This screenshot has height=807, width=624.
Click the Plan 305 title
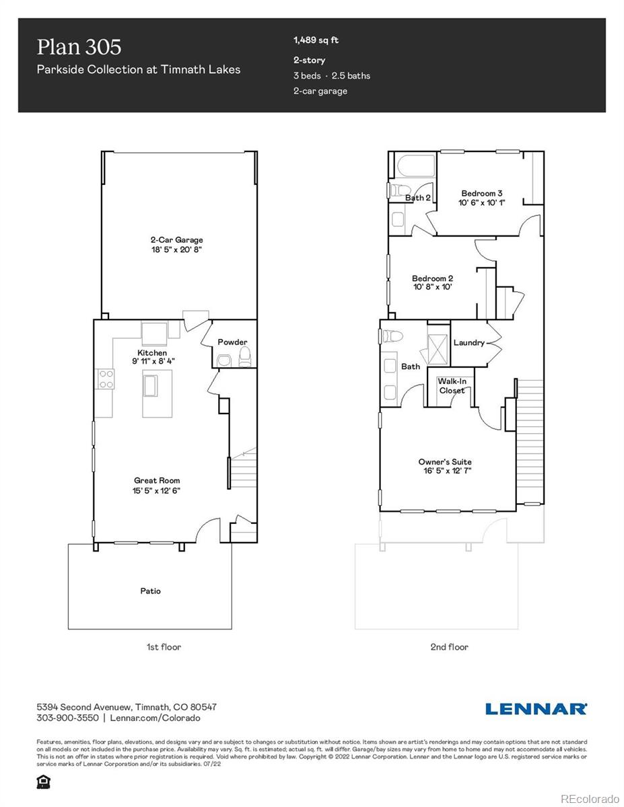pos(79,46)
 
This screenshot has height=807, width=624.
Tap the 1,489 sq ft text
pos(316,40)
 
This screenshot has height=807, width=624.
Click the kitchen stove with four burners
pos(106,379)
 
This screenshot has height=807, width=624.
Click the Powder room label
pos(232,342)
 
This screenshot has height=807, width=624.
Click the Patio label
pos(150,591)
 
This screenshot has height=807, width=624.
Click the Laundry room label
pos(469,342)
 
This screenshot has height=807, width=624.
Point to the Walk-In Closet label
pos(452,385)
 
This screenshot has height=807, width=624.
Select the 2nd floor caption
pos(449,647)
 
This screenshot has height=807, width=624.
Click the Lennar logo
pos(536,708)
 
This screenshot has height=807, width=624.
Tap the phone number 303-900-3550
pos(67,718)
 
